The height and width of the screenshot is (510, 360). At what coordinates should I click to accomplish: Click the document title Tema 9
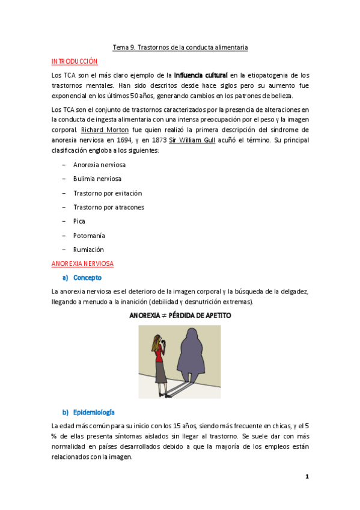click(180, 47)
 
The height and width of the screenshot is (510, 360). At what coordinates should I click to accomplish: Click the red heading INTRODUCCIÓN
click(75, 61)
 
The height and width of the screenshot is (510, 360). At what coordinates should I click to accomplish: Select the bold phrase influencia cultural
click(201, 75)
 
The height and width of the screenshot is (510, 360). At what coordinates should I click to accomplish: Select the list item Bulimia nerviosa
click(97, 179)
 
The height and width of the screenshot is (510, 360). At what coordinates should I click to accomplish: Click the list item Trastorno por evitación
click(108, 193)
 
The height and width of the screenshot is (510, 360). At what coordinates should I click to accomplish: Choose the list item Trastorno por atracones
click(108, 207)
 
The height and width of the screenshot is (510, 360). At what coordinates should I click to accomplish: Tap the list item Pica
click(79, 221)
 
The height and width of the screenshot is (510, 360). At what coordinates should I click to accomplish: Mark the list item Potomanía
click(88, 235)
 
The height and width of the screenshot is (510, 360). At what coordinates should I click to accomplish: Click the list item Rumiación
click(88, 249)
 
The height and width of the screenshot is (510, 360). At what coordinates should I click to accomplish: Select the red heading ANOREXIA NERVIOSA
click(83, 263)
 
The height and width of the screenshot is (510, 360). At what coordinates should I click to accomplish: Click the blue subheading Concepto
click(87, 277)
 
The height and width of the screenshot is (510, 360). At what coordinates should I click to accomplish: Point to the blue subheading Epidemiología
click(94, 412)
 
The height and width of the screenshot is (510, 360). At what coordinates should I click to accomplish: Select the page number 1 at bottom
click(307, 477)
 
